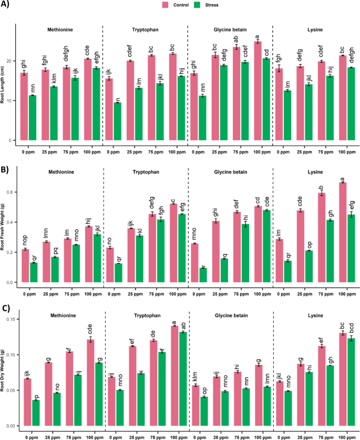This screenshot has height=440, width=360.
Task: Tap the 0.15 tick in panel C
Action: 9,320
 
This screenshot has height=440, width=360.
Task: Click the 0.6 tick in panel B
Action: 11,192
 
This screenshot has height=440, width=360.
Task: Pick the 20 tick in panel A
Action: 10,61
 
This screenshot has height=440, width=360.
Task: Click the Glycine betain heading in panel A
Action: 231,30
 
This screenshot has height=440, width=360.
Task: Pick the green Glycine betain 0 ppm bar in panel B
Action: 203,275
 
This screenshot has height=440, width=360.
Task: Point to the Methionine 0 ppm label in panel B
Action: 29,289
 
